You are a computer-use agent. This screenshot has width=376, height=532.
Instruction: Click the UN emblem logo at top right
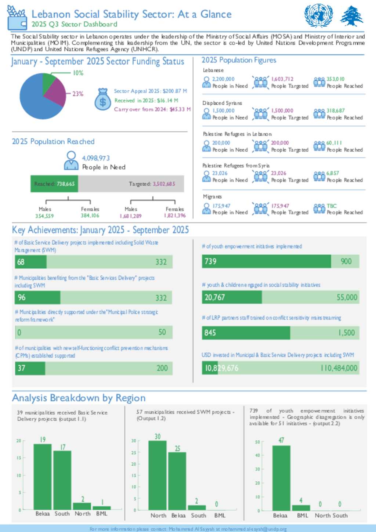[x=318, y=16]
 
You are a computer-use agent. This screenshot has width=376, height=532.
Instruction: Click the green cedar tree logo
[x=351, y=16]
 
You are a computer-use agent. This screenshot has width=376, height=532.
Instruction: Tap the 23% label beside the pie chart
[x=78, y=94]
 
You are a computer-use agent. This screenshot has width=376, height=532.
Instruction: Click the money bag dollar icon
[x=103, y=99]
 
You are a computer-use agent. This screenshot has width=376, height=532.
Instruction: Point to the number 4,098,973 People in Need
[x=96, y=158]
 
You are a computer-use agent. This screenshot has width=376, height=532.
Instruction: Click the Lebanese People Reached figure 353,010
[x=336, y=79]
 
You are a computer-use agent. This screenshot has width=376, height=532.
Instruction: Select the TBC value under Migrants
[x=332, y=206]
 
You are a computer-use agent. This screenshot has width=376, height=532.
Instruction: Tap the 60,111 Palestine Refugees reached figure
[x=334, y=143]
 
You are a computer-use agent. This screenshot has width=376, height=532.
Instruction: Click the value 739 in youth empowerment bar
[x=210, y=261]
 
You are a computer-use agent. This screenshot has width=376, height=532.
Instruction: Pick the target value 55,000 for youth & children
[x=347, y=297]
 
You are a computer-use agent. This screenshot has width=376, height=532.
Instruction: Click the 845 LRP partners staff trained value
[x=210, y=333]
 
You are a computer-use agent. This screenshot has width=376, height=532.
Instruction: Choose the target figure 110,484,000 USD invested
[x=339, y=368]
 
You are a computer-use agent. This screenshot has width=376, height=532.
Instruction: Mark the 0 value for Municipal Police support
[x=19, y=332]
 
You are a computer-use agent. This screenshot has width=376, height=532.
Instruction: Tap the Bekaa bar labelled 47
[x=281, y=477]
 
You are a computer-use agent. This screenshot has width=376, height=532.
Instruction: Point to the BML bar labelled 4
[x=301, y=507]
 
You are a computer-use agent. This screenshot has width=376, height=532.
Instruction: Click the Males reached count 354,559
[x=44, y=216]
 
